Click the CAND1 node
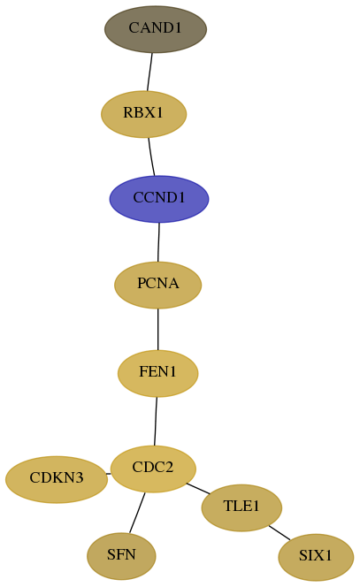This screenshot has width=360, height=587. pyautogui.click(x=156, y=29)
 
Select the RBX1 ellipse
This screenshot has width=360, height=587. pyautogui.click(x=143, y=114)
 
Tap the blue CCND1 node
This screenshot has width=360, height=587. pyautogui.click(x=159, y=199)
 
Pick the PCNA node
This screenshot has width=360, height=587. pyautogui.click(x=157, y=285)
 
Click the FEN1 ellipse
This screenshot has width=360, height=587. pyautogui.click(x=157, y=373)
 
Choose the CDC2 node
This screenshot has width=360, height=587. pyautogui.click(x=153, y=469)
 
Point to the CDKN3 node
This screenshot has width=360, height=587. pyautogui.click(x=57, y=479)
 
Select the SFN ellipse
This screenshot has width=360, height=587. pyautogui.click(x=121, y=556)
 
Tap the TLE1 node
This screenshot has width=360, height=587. pyautogui.click(x=241, y=507)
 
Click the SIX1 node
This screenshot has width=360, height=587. pyautogui.click(x=316, y=557)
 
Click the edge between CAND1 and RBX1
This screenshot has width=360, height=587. pyautogui.click(x=149, y=72)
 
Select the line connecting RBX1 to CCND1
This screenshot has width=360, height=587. pyautogui.click(x=151, y=156)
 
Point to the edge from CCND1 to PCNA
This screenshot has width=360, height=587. pyautogui.click(x=158, y=242)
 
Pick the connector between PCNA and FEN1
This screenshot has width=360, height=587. pyautogui.click(x=157, y=329)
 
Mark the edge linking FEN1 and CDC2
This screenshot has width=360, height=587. pyautogui.click(x=156, y=421)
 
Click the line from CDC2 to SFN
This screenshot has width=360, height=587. pyautogui.click(x=137, y=513)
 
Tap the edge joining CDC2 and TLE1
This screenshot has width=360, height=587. pyautogui.click(x=198, y=489)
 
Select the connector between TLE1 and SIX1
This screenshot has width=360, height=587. pyautogui.click(x=280, y=533)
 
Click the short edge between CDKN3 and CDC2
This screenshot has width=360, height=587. pyautogui.click(x=108, y=474)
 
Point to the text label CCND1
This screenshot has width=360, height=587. pyautogui.click(x=159, y=198)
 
